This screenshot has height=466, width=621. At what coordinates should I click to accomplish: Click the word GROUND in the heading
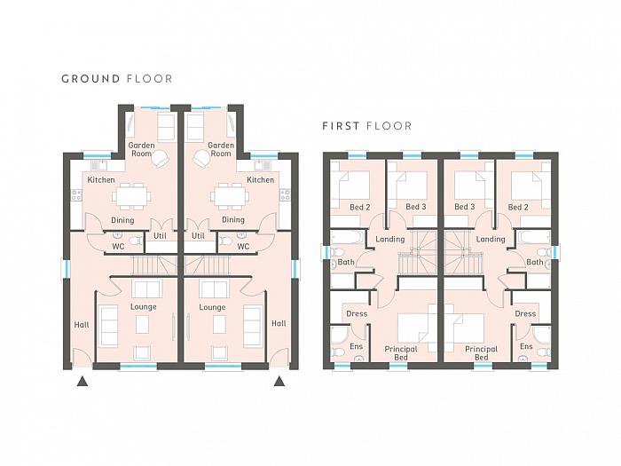coord(90,79)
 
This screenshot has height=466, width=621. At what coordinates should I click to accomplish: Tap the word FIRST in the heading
coord(341,126)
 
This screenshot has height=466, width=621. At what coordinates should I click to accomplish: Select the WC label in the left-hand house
coord(118,247)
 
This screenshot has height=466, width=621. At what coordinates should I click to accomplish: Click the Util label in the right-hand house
coord(198,236)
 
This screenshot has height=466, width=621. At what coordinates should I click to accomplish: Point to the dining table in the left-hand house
coord(132,196)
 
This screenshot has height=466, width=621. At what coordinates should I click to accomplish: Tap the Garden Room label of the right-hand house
coord(221,149)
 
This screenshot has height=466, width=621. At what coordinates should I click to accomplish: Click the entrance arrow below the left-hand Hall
coord(82,381)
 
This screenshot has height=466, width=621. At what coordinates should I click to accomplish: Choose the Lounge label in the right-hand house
coord(212,307)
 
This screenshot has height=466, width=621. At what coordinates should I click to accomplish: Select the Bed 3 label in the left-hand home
coord(416,207)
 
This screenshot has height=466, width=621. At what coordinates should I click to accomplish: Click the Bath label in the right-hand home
coord(535,262)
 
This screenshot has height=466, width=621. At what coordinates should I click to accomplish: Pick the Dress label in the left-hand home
coord(357,314)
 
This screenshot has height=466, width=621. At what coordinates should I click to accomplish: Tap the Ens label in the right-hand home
coord(526,346)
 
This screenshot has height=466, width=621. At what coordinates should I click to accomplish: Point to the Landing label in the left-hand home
coord(390,240)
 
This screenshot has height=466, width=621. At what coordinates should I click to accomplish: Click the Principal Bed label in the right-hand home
coord(481,353)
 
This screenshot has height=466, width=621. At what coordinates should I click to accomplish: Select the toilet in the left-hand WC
coord(136,241)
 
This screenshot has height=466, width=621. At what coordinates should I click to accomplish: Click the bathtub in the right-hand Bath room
coord(533,238)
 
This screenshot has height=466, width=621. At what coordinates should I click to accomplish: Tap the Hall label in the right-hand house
coord(279,323)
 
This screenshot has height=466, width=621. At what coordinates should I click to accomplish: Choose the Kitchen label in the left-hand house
coord(101,180)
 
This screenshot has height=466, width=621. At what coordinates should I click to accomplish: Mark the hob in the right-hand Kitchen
coord(285,194)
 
